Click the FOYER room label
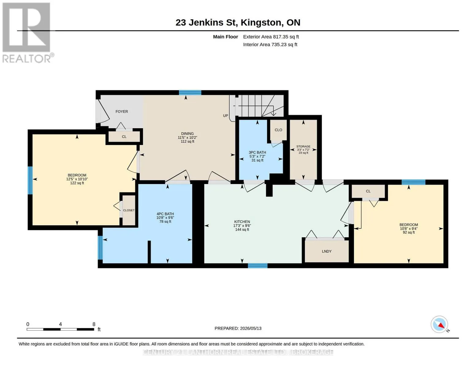click(122, 112)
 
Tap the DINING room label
click(187, 133)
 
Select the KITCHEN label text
click(242, 222)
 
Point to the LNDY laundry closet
click(326, 251)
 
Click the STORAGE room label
click(303, 146)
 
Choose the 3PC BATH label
click(257, 152)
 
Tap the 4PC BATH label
click(165, 214)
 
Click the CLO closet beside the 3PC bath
click(278, 130)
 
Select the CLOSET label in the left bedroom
click(129, 210)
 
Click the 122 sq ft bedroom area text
click(77, 183)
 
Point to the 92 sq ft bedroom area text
click(409, 232)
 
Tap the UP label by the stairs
click(225, 116)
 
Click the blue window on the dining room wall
click(190, 93)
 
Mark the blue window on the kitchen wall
click(257, 266)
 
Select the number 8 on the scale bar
click(94, 324)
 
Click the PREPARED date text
click(238, 328)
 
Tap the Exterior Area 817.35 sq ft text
click(271, 37)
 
